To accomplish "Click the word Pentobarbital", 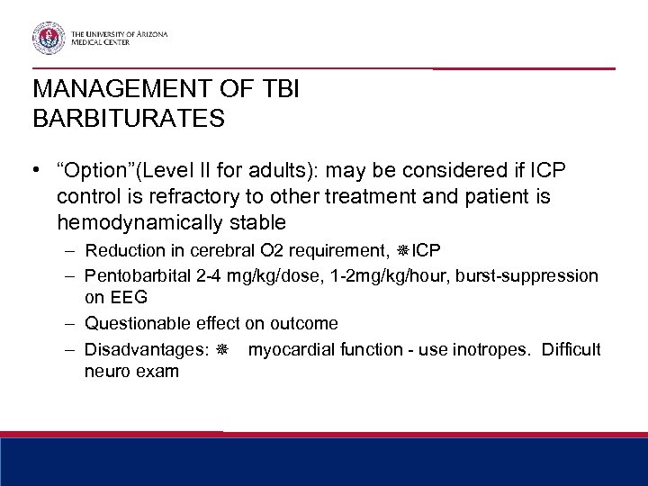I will click(x=128, y=274).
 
